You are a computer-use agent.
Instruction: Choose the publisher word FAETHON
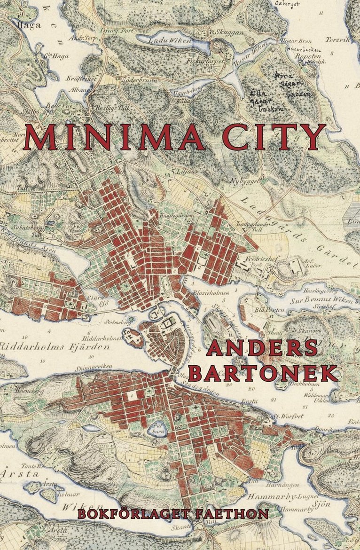237,513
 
